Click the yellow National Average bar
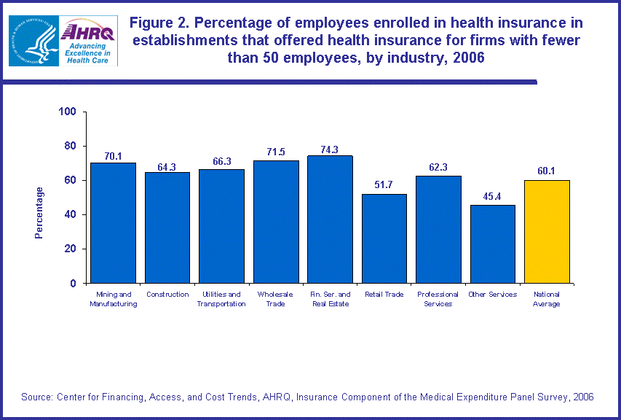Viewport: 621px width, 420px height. click(547, 231)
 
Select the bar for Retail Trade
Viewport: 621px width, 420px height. click(384, 238)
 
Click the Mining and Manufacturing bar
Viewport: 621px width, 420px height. click(113, 222)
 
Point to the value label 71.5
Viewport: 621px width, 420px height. click(276, 152)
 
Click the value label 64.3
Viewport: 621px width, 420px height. click(167, 167)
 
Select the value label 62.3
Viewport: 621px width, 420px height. click(438, 167)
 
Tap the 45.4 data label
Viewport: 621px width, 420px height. click(492, 196)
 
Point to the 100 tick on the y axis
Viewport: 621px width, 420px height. click(68, 112)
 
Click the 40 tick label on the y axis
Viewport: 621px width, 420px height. click(71, 214)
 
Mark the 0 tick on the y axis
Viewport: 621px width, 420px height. click(74, 283)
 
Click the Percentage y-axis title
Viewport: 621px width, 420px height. click(39, 213)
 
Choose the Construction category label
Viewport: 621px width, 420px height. click(167, 295)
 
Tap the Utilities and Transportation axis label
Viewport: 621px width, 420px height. click(221, 299)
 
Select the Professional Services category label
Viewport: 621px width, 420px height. click(438, 299)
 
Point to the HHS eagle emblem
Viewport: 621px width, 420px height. click(33, 40)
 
